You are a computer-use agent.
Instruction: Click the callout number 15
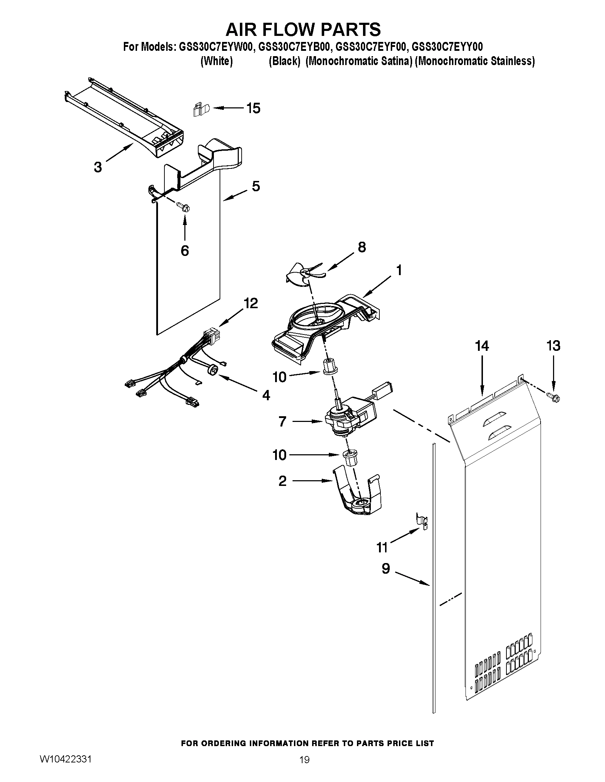click(253, 108)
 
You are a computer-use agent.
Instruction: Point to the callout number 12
click(251, 303)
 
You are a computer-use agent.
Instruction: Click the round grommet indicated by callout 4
click(213, 370)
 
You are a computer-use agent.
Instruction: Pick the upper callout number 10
click(280, 377)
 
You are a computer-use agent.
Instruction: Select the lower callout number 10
click(280, 455)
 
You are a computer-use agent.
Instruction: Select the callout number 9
click(386, 568)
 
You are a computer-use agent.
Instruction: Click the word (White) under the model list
click(216, 61)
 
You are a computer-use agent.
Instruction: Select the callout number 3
click(98, 167)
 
